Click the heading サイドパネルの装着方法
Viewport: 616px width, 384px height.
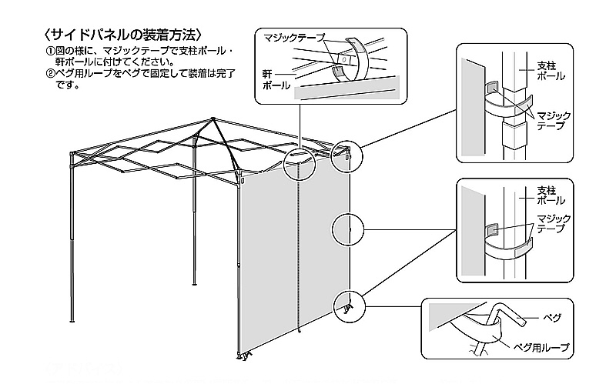(x=124, y=35)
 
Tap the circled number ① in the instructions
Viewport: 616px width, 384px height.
(x=49, y=52)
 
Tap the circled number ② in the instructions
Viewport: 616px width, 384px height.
(x=49, y=75)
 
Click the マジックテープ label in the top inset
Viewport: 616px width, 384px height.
(x=294, y=37)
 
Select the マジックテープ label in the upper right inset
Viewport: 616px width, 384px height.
(x=554, y=119)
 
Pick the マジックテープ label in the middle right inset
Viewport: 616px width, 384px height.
(x=554, y=224)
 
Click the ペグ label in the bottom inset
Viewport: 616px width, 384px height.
(x=552, y=317)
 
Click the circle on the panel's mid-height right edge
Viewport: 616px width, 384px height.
(x=347, y=229)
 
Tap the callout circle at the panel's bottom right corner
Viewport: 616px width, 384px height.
(x=347, y=306)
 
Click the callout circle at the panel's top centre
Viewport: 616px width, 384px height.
(x=298, y=163)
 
